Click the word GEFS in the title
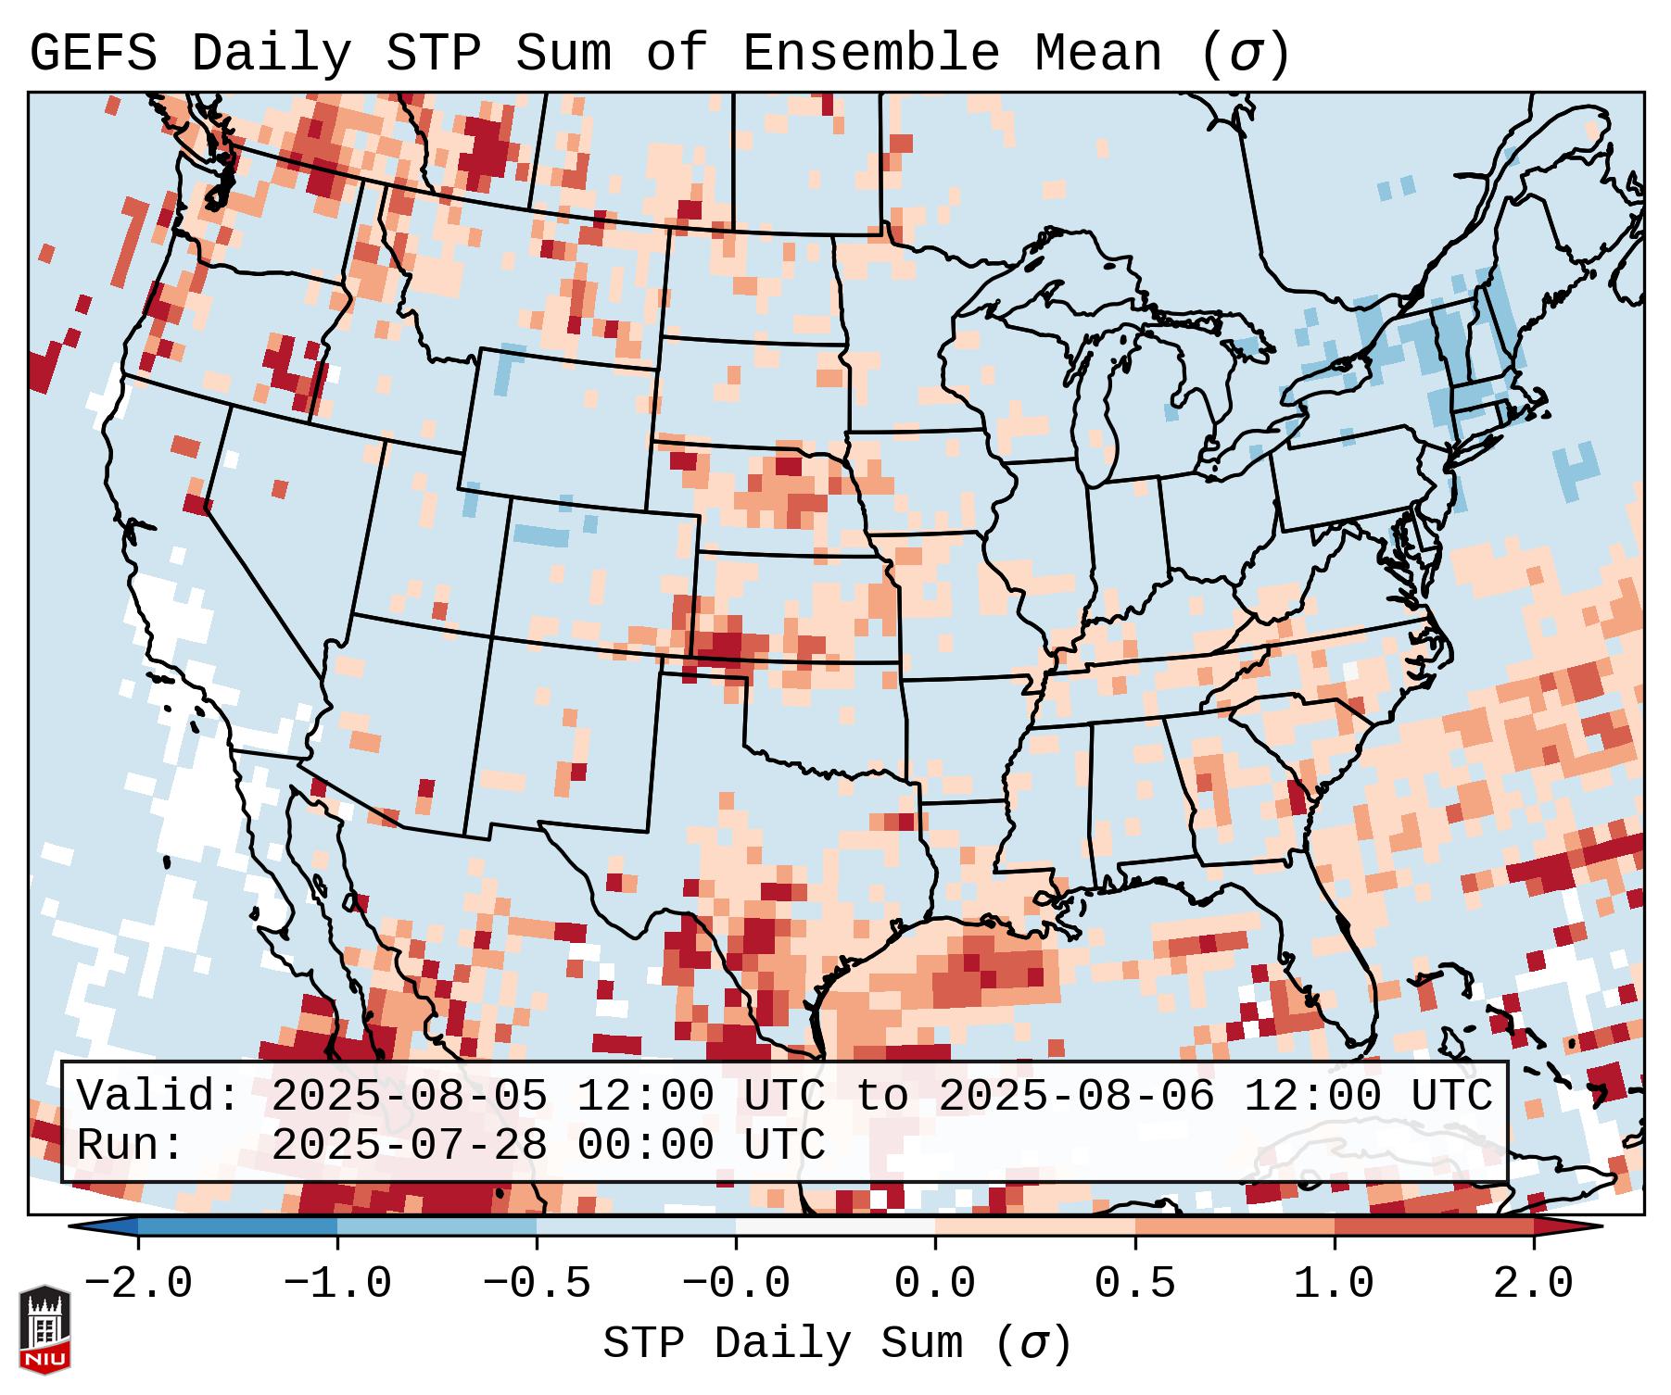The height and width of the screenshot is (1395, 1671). click(93, 54)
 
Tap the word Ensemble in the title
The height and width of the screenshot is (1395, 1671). click(871, 54)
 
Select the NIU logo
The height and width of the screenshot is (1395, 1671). click(44, 1330)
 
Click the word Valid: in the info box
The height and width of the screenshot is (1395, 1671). click(158, 1097)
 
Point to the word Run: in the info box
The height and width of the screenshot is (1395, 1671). click(130, 1146)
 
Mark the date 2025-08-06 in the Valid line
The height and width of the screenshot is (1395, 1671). click(1076, 1097)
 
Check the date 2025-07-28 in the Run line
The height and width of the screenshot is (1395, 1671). click(409, 1146)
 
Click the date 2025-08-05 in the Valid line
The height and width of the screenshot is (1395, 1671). click(409, 1097)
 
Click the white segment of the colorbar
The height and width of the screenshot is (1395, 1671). click(835, 1226)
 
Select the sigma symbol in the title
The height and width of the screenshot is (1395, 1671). click(1245, 54)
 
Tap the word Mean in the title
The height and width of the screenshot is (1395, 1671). click(1098, 54)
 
